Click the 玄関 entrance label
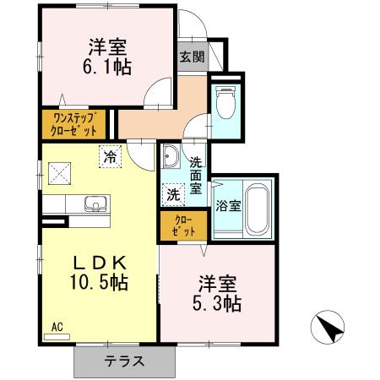191,57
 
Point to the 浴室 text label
227,205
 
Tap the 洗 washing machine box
172,194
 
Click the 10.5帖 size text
98,283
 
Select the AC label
57,326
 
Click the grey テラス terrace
124,361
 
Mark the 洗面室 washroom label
195,175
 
